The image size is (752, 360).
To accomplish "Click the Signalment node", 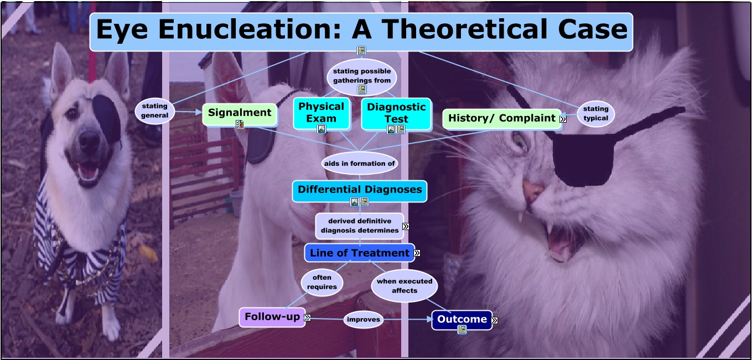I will click(x=240, y=113).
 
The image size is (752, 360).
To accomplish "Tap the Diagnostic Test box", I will click(x=396, y=112).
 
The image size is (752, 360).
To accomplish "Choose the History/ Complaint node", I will click(x=501, y=118).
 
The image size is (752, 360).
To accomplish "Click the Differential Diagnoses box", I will click(x=360, y=190).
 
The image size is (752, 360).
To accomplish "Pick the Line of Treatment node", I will click(x=359, y=253).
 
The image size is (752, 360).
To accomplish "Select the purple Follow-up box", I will click(x=272, y=317).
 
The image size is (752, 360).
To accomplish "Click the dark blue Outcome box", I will click(x=461, y=319).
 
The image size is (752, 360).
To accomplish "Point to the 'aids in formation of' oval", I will click(x=360, y=164).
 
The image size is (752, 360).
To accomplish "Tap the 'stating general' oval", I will click(x=154, y=111).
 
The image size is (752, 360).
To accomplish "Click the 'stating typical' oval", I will click(x=595, y=113).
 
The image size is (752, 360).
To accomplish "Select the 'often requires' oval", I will click(x=321, y=282).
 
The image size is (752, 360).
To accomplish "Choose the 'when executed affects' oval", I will click(x=404, y=285).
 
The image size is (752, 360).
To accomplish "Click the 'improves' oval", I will click(x=364, y=320).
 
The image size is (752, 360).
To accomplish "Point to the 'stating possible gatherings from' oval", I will click(x=362, y=76).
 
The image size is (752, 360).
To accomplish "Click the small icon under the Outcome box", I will click(x=462, y=330).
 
